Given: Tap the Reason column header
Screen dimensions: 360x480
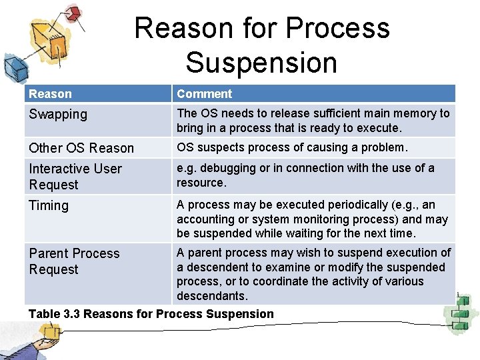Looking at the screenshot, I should coord(50,94).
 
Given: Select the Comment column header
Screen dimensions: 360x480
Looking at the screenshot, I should coord(204,94).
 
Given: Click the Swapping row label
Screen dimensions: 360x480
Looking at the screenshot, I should coord(58,114).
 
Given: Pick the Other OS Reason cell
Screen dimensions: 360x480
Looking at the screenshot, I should coord(81,148).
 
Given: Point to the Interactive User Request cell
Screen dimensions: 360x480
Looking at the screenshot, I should coord(75,177).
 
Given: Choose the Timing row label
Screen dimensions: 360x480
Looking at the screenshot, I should coord(49,205).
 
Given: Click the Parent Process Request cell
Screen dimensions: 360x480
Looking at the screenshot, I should coord(74,261).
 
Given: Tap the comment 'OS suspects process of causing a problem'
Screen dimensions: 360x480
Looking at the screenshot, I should coord(291,147).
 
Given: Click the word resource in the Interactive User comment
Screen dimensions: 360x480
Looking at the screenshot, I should coord(201,182).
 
